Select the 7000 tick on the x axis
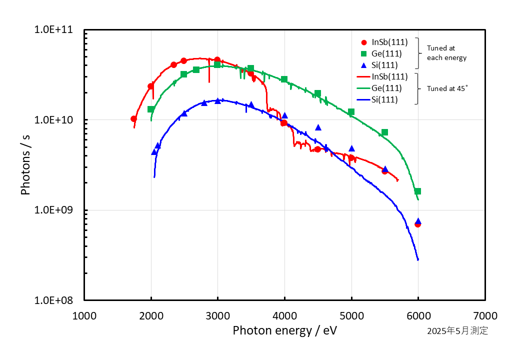pos(485,315)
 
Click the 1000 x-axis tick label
pos(84,315)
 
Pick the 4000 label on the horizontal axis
pos(284,315)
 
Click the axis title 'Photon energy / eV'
pos(284,330)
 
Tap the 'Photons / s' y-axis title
pos(25,165)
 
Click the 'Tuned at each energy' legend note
pos(446,53)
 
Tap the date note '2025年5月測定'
pos(457,331)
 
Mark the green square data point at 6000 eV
pos(417,191)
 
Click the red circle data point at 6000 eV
pos(417,224)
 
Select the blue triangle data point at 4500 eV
pos(318,127)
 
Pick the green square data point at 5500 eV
pos(384,132)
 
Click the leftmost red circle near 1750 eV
pos(133,119)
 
